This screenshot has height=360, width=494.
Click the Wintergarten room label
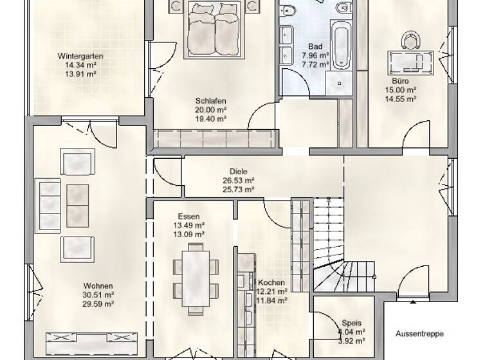coord(80,56)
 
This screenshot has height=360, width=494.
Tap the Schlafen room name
coord(212,101)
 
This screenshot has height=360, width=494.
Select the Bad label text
coord(315,47)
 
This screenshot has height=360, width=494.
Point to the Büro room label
coord(400,82)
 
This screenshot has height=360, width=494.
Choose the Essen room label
coord(190,217)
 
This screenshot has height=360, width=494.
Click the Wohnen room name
coord(98,286)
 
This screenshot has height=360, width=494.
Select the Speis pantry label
coord(350,325)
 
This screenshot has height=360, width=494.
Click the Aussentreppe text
coord(419,334)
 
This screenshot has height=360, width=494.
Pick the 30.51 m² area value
coord(98,295)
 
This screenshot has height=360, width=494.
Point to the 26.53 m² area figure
coord(238,181)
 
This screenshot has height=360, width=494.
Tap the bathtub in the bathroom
coord(341,40)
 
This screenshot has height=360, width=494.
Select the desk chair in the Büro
coord(409,41)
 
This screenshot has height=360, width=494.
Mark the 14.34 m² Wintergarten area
coord(80,65)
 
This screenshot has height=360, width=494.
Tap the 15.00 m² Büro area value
coord(400,91)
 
